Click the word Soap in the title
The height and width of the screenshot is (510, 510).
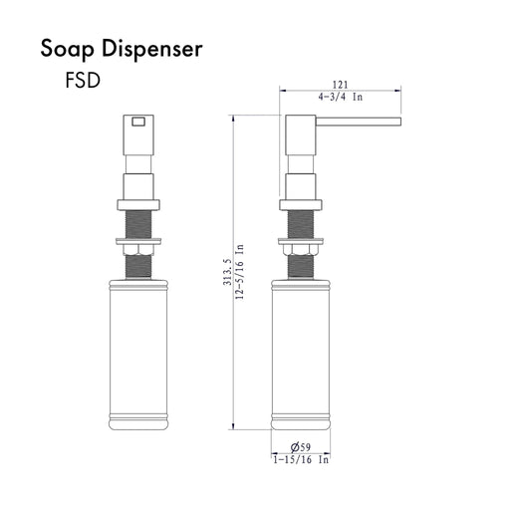tap(67, 50)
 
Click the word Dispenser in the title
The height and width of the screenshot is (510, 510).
tap(152, 50)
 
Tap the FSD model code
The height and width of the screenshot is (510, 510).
tap(83, 81)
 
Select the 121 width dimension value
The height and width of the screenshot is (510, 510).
tap(341, 85)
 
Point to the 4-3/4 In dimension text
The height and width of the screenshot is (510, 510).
tap(341, 97)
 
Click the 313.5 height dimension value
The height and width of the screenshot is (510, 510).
tap(227, 272)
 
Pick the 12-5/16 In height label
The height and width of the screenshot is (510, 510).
tap(239, 272)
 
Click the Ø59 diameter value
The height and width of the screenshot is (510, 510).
tap(301, 447)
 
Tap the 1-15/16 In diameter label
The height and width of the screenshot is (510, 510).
tap(301, 460)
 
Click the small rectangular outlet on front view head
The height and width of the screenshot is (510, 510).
tap(138, 122)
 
